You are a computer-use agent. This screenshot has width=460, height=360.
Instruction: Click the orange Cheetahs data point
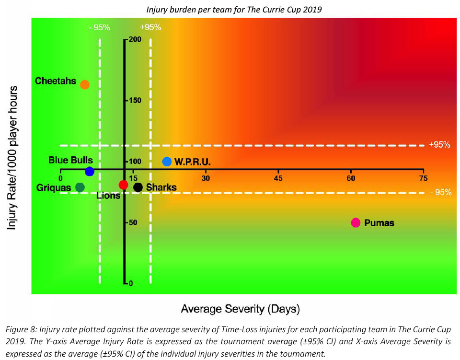click(x=85, y=85)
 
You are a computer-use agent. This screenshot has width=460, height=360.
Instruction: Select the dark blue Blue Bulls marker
click(x=89, y=171)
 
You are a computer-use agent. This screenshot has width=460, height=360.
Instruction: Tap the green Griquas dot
click(x=80, y=187)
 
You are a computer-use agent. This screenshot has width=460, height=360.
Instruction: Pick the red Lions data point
click(x=123, y=185)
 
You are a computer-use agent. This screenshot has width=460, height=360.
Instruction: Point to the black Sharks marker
click(x=138, y=187)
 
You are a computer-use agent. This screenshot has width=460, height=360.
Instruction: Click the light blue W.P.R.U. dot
click(x=167, y=162)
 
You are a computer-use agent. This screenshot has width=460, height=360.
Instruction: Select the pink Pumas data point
click(x=356, y=222)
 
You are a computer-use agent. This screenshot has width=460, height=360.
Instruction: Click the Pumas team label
click(x=379, y=223)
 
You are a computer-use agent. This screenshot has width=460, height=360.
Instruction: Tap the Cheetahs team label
click(x=56, y=81)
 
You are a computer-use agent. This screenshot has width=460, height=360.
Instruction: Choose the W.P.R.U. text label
click(x=193, y=162)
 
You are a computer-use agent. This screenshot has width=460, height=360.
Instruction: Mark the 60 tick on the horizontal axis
click(x=351, y=178)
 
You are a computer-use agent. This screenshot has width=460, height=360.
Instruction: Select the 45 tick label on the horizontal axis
click(x=278, y=178)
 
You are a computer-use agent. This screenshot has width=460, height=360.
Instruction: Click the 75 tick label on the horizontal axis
click(x=423, y=178)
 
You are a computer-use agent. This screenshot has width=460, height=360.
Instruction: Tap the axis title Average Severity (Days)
click(x=240, y=309)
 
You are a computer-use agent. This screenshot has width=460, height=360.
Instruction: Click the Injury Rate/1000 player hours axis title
click(x=13, y=158)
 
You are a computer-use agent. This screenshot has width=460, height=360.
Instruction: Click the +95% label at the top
click(x=150, y=27)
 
